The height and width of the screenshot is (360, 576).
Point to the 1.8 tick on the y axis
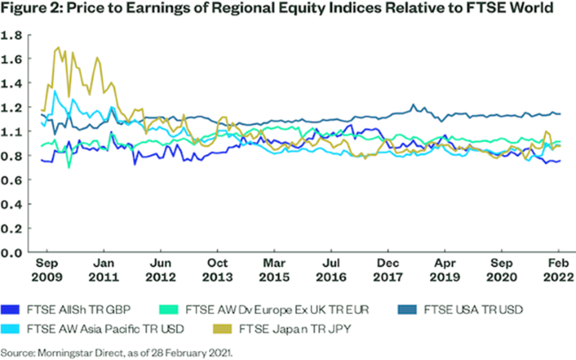[13, 35]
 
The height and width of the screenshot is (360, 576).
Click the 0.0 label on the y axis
[13, 253]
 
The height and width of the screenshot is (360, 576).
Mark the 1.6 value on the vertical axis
[13, 59]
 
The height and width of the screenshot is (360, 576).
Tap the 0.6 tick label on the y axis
[13, 181]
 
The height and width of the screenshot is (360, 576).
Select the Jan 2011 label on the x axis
[105, 270]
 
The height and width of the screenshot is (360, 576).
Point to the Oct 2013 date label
[217, 270]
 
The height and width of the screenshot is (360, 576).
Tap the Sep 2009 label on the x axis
[50, 270]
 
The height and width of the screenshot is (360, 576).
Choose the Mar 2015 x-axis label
[274, 270]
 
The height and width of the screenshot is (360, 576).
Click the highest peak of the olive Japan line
[58, 47]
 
